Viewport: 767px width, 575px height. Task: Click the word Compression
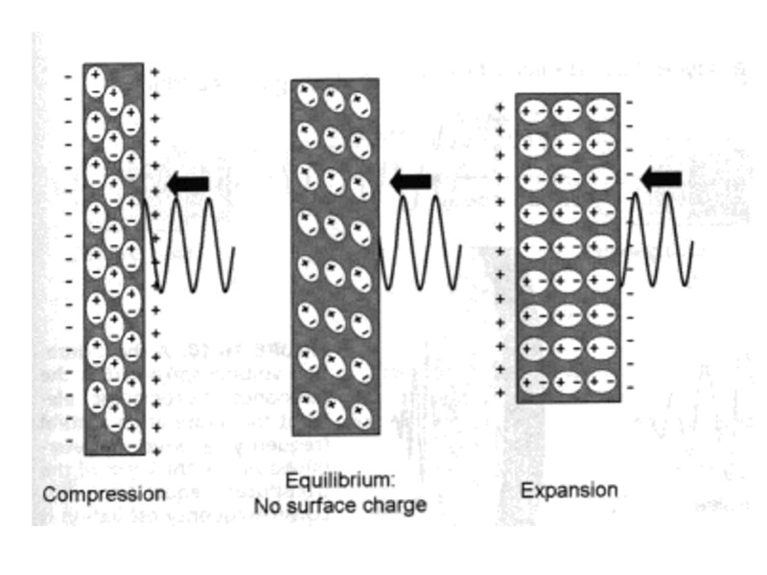104,494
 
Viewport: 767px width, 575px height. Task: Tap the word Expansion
569,490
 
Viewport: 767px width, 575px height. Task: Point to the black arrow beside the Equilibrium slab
410,179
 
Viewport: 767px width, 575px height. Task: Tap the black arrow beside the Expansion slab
661,177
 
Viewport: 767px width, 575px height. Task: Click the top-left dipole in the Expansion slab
533,113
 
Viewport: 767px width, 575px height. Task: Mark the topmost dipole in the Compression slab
95,80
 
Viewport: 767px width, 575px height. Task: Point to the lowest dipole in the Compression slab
130,436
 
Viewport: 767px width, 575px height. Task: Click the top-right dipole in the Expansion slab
599,113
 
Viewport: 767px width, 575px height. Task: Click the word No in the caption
267,504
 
